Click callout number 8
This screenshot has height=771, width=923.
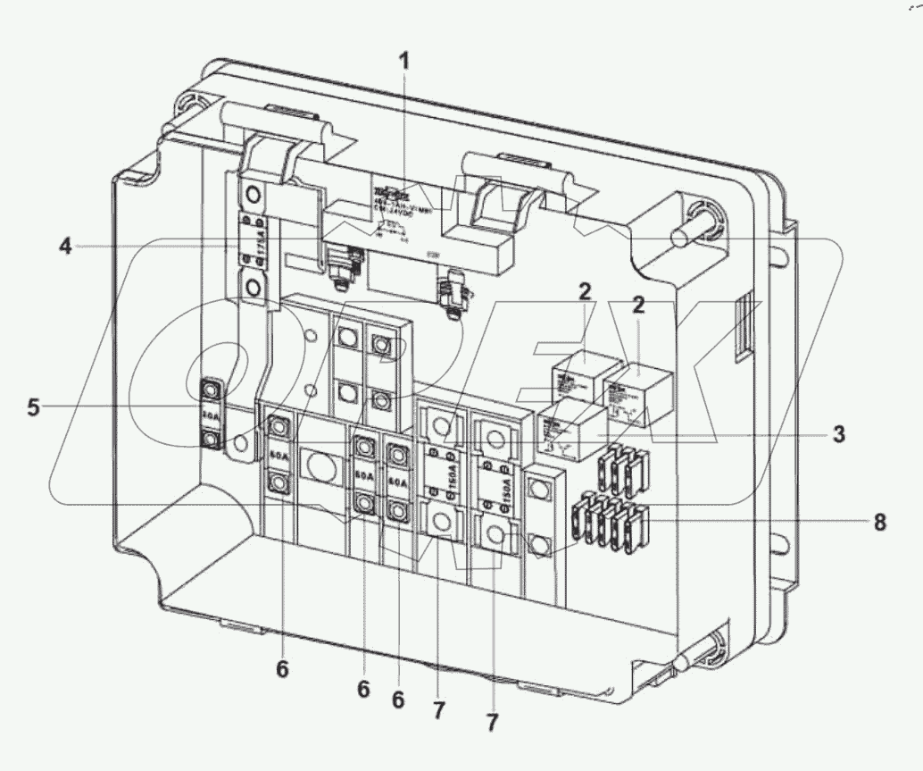coord(879,523)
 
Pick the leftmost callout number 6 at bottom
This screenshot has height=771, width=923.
coord(282,669)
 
